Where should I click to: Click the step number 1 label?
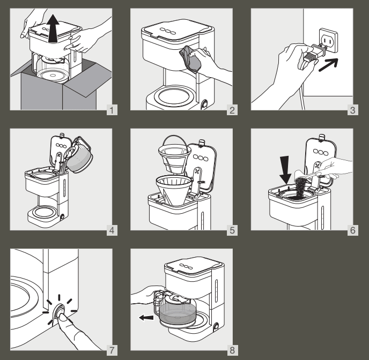111,111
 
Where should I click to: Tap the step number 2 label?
232,111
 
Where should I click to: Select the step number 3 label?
352,111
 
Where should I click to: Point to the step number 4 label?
111,231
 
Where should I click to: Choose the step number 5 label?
232,231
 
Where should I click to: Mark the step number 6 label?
352,231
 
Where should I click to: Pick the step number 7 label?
111,351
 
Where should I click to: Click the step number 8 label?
232,351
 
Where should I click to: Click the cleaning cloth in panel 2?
193,57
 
